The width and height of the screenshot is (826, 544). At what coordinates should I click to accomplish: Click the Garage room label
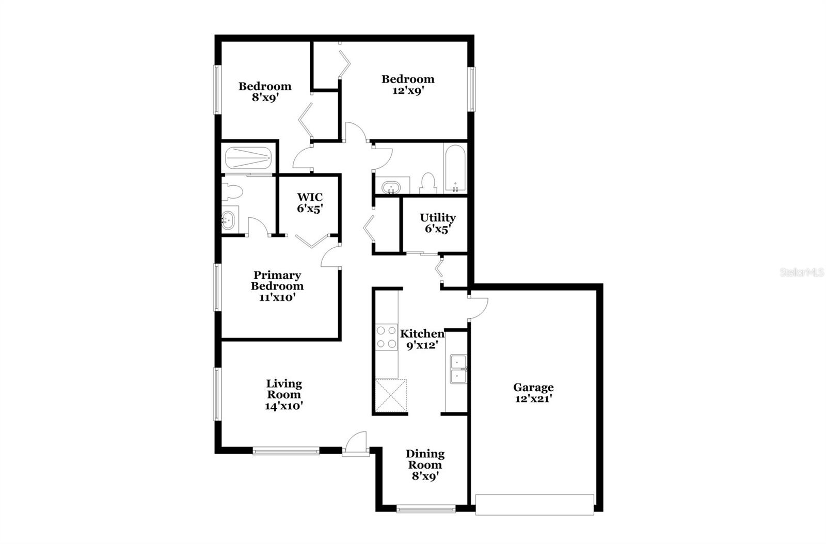pyautogui.click(x=533, y=387)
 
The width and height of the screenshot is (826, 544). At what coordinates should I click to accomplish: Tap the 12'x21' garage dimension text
pyautogui.click(x=534, y=399)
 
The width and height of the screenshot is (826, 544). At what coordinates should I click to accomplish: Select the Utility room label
pyautogui.click(x=438, y=218)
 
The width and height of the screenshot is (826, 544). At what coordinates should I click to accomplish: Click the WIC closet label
pyautogui.click(x=310, y=197)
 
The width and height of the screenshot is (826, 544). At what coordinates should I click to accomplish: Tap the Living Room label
pyautogui.click(x=284, y=389)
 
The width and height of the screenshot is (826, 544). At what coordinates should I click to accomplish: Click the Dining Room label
pyautogui.click(x=425, y=459)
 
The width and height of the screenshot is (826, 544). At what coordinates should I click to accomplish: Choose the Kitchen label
pyautogui.click(x=422, y=333)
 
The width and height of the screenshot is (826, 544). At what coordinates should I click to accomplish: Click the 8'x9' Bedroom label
pyautogui.click(x=265, y=86)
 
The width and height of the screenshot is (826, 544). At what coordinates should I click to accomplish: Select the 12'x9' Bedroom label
pyautogui.click(x=408, y=79)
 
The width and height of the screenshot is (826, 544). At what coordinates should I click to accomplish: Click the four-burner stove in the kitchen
pyautogui.click(x=387, y=337)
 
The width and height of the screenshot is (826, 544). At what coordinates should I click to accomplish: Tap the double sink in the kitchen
pyautogui.click(x=458, y=369)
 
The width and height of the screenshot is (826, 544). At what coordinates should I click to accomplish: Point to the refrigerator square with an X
pyautogui.click(x=391, y=396)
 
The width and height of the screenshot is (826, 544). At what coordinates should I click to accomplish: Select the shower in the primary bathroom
pyautogui.click(x=248, y=158)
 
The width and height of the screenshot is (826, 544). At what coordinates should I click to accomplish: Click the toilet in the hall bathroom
pyautogui.click(x=428, y=183)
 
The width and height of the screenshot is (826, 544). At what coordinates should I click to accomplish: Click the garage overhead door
pyautogui.click(x=534, y=504)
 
